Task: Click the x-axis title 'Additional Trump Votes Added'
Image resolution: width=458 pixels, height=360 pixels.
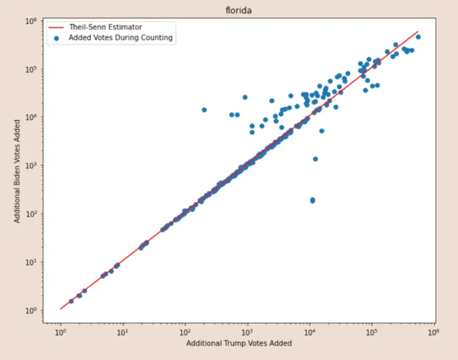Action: click(239, 343)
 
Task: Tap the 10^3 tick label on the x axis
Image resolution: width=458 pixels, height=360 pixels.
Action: click(247, 331)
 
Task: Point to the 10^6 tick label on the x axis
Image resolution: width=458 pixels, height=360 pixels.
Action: click(433, 331)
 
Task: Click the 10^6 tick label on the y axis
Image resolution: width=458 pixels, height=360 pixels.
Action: click(30, 21)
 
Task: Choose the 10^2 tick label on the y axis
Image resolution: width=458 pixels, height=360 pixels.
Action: click(30, 213)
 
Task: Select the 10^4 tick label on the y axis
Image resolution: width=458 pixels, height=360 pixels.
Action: click(30, 117)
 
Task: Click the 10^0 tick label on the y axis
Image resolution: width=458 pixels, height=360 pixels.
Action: click(30, 310)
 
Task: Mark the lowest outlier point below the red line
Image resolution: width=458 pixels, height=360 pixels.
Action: click(313, 200)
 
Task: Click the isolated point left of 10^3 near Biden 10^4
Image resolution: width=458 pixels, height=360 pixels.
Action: click(204, 109)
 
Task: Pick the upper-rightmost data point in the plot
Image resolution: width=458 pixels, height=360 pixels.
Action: click(418, 37)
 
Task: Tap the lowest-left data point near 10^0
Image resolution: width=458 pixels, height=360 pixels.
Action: click(71, 301)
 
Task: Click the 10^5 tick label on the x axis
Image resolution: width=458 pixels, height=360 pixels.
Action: click(371, 331)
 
